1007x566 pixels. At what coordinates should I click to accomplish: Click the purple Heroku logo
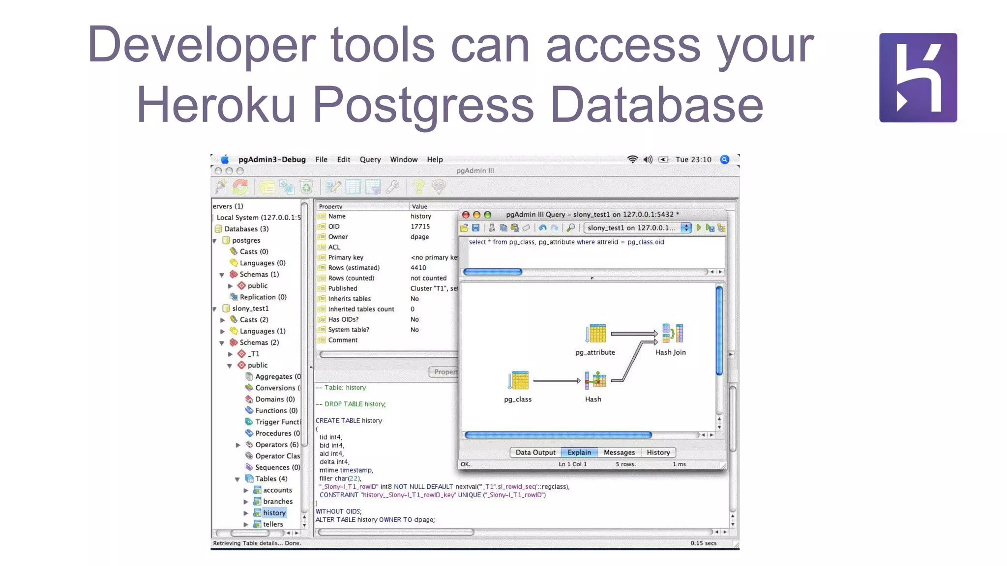tap(918, 78)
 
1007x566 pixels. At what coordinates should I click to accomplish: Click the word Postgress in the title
tap(423, 105)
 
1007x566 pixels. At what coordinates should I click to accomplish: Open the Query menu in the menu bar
tap(370, 160)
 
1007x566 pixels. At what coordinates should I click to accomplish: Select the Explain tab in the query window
tap(579, 453)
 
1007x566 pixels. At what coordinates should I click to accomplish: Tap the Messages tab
tap(619, 453)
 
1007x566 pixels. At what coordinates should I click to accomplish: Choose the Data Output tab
tap(535, 453)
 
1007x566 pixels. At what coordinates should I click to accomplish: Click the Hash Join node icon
tap(672, 334)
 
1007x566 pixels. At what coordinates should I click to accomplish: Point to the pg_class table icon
tap(518, 381)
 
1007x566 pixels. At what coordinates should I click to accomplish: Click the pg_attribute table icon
tap(596, 334)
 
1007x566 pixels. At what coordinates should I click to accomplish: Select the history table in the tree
tap(274, 513)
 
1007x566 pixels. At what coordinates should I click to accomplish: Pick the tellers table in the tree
tap(273, 524)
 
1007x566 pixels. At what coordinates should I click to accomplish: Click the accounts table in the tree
tap(277, 490)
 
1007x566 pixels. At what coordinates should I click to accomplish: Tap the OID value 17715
tap(420, 226)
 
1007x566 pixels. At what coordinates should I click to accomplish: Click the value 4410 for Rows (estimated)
tap(418, 268)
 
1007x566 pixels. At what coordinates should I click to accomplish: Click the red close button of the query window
tap(466, 215)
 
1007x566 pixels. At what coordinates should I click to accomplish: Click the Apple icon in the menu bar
tap(225, 160)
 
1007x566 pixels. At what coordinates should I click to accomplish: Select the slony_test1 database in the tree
tap(250, 309)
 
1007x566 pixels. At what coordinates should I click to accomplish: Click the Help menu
tap(435, 160)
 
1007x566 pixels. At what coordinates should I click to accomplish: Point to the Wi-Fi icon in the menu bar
tap(632, 160)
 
